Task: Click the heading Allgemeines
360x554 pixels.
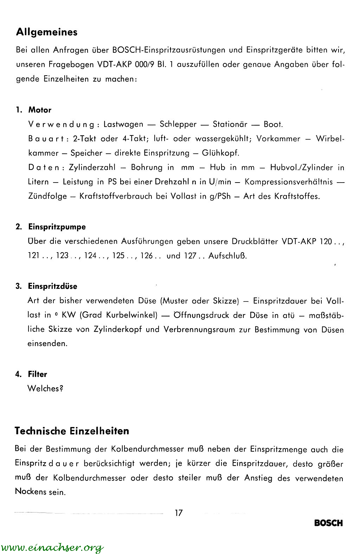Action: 47,32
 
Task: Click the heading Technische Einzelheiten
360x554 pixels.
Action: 72,431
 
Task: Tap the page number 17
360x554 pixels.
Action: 179,512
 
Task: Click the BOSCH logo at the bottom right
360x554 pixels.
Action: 328,523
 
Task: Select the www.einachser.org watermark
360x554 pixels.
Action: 53,547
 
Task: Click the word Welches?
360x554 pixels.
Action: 45,389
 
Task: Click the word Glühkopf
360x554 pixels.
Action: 221,153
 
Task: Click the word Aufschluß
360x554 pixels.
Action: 227,256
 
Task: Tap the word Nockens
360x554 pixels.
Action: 30,491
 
